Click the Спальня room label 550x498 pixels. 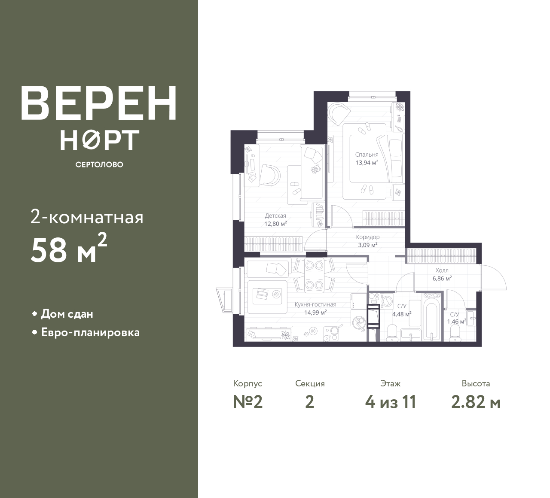[367, 155]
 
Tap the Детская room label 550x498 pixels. [275, 216]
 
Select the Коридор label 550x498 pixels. [368, 237]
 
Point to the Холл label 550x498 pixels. [442, 270]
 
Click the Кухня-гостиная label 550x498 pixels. [315, 304]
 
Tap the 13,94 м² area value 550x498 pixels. [367, 162]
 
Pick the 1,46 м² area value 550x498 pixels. [456, 322]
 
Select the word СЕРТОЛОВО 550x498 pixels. [99, 164]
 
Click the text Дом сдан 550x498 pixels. [67, 314]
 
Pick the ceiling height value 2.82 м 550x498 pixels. [476, 402]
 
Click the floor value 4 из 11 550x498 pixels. [391, 402]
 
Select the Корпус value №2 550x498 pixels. [248, 402]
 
